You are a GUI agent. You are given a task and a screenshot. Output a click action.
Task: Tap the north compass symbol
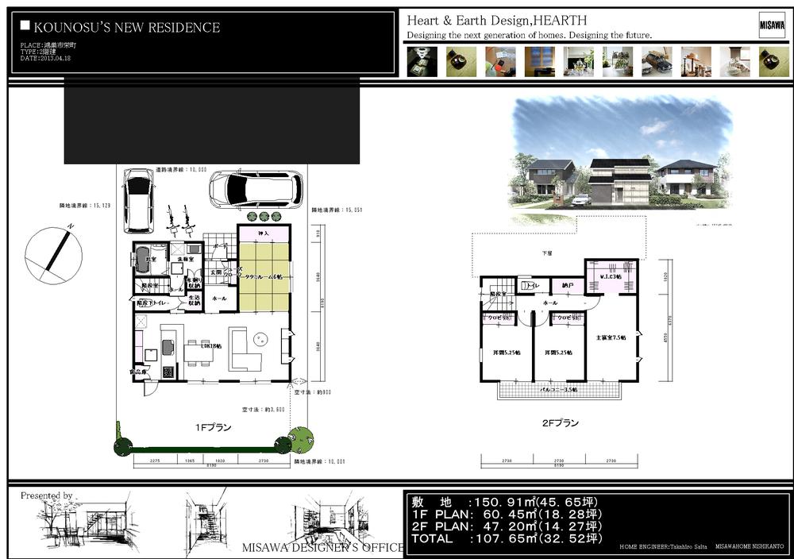click(53, 255)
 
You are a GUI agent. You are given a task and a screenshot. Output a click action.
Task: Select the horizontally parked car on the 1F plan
click(256, 190)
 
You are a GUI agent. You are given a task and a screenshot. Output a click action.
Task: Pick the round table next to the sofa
click(259, 339)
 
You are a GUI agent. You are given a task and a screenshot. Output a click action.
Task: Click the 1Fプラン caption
click(214, 427)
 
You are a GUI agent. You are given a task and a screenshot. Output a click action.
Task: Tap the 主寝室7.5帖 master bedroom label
click(611, 337)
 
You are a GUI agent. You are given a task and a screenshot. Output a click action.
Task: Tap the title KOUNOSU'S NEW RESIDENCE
click(127, 28)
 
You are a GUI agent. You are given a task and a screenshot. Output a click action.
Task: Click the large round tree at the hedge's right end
click(302, 440)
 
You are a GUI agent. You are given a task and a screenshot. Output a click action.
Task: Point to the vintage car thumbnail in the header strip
click(656, 61)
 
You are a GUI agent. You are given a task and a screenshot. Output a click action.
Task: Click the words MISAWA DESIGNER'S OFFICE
click(322, 548)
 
